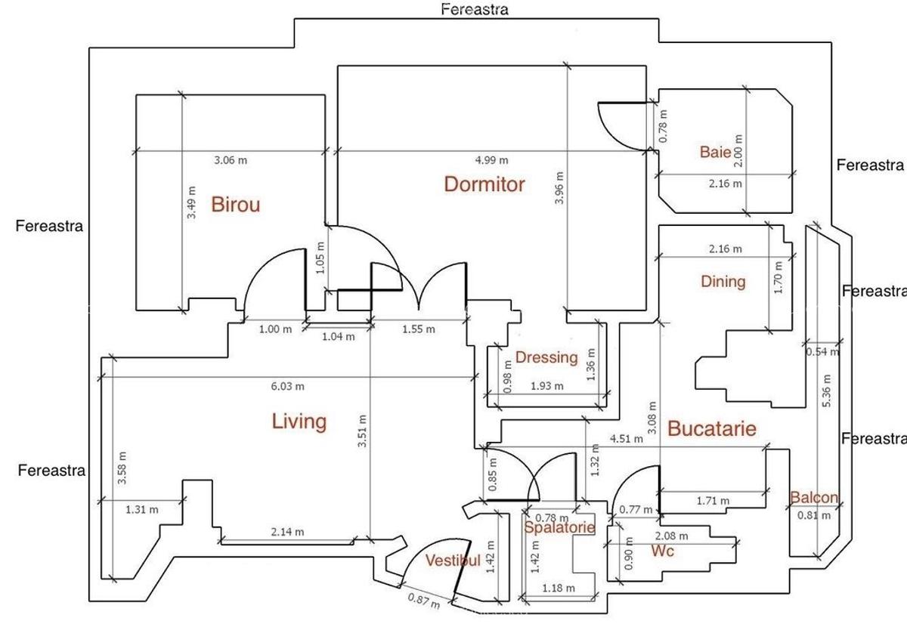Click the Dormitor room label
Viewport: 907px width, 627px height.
pos(484,184)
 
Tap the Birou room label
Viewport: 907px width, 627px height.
pos(235,205)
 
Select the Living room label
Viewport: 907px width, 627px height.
pos(299,422)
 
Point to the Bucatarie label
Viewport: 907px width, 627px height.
pos(711,429)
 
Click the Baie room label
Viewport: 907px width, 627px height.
pos(715,153)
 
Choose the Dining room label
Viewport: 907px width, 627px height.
pos(723,282)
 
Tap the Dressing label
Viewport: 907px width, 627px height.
pos(546,357)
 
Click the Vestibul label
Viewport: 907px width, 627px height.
pos(453,561)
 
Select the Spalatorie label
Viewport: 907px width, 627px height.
pos(559,528)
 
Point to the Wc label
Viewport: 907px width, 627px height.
pos(662,551)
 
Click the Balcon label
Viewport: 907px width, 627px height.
pos(814,498)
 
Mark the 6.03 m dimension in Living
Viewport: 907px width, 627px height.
pos(289,387)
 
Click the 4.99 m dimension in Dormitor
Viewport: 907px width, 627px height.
pos(491,160)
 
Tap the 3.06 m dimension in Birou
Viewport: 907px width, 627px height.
pos(231,160)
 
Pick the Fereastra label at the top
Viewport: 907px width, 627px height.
pos(475,10)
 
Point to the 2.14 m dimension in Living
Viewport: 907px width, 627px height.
pos(288,532)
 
